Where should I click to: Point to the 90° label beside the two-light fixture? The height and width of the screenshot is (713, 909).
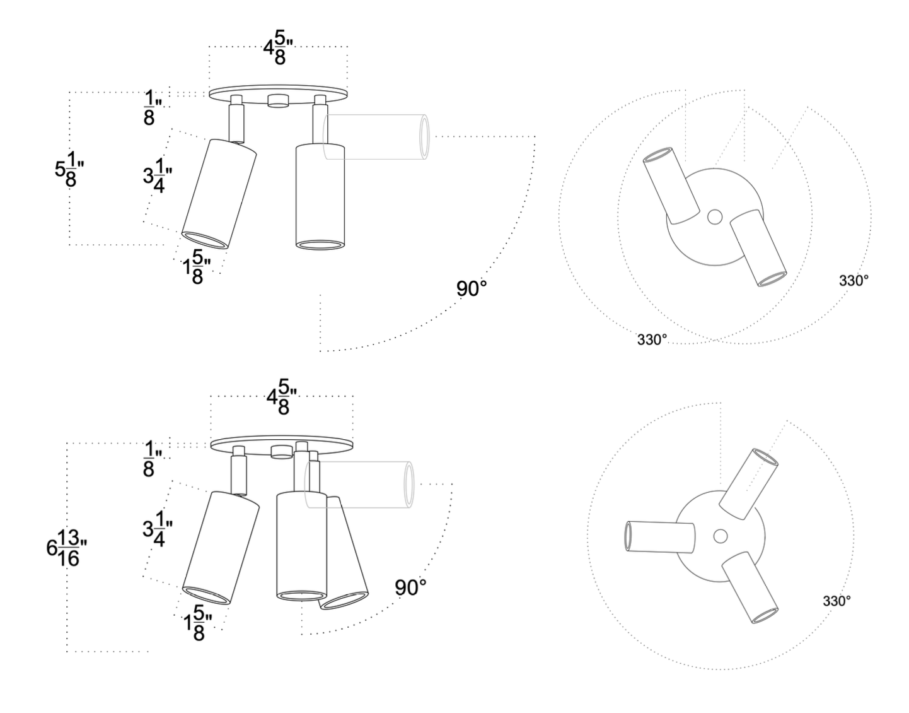pyautogui.click(x=472, y=289)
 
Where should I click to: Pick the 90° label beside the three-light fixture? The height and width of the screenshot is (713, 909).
pyautogui.click(x=410, y=588)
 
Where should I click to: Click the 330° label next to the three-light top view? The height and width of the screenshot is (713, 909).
pyautogui.click(x=837, y=601)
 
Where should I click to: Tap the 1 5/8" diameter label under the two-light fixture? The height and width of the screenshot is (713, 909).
pyautogui.click(x=196, y=267)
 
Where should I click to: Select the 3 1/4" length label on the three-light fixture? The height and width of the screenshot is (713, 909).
pyautogui.click(x=158, y=529)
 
